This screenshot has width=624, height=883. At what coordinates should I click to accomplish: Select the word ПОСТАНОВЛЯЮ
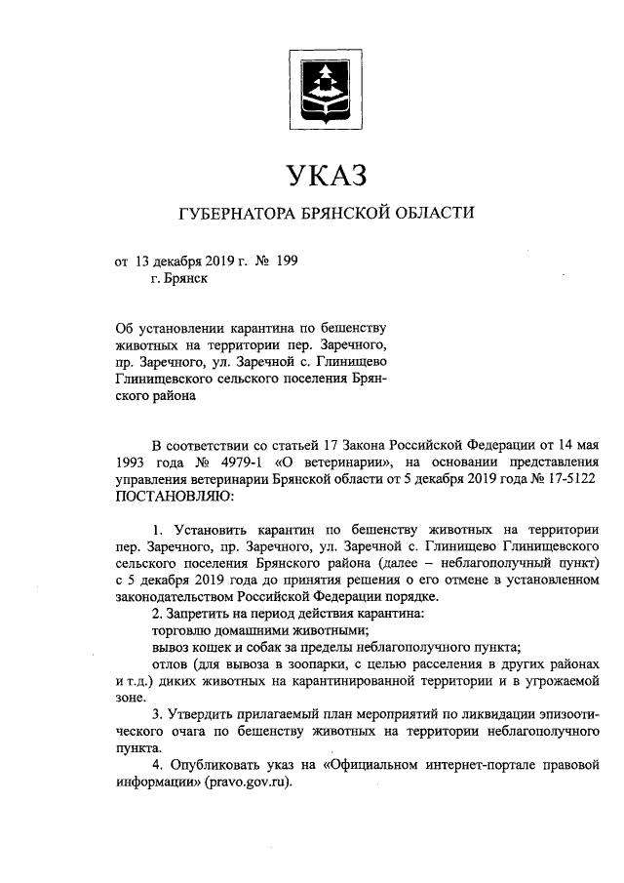(x=175, y=498)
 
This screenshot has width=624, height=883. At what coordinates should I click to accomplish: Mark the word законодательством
(x=180, y=596)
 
